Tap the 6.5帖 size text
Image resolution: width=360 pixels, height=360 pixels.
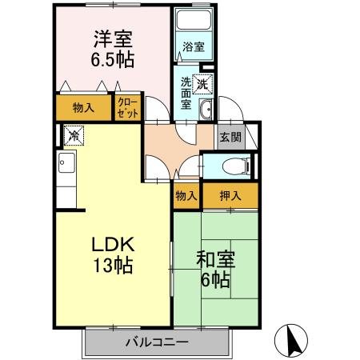tap(113, 60)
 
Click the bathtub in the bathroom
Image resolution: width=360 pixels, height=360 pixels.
tap(194, 22)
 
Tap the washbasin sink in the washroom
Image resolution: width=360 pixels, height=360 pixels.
tap(206, 110)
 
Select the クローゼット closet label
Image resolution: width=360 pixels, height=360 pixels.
tap(127, 107)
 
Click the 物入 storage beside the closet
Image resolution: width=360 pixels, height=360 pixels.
tap(83, 107)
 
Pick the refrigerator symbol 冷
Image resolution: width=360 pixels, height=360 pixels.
tap(73, 137)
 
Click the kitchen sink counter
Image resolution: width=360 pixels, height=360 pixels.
tap(64, 170)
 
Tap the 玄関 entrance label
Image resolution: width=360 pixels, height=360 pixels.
tap(230, 136)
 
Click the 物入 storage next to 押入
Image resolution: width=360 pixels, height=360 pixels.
tap(186, 195)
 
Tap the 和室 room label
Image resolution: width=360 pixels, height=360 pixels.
tap(215, 260)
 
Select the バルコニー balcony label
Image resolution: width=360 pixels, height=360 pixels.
tap(156, 344)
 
